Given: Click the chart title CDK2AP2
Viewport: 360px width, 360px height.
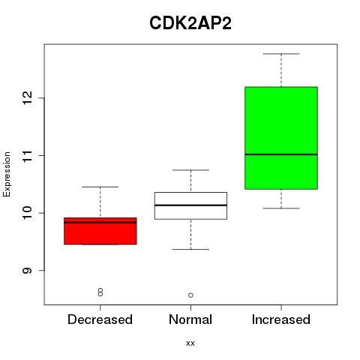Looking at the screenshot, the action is tap(190, 23).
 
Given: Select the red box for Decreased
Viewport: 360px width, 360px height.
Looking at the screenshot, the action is tap(100, 231).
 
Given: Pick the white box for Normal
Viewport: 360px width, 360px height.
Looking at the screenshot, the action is tap(190, 205).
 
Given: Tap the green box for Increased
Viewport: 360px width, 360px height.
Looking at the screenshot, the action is tap(281, 138).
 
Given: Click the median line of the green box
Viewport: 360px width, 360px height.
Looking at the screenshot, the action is tap(281, 154).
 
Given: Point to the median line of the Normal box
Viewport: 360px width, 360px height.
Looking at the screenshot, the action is tap(190, 205).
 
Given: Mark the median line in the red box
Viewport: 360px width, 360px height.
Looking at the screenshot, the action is tap(100, 222).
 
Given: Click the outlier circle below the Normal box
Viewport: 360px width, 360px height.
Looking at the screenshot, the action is tap(190, 295).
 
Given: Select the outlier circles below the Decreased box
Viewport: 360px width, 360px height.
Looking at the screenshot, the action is tap(100, 292).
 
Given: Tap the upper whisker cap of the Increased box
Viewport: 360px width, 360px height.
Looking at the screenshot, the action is tap(281, 54).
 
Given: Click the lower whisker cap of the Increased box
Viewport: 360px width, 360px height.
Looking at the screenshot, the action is tap(281, 208).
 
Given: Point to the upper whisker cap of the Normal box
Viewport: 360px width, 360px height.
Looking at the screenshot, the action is tap(190, 170).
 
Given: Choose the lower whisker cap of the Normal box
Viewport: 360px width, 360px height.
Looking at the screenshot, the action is tap(190, 249).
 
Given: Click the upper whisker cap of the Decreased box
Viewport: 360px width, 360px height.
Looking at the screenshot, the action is tap(100, 187).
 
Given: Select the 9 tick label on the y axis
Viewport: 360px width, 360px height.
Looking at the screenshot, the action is tap(28, 271).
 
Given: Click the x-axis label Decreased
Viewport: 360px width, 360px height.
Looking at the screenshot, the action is tap(100, 319).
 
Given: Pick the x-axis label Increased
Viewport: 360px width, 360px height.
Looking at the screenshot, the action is tap(281, 319).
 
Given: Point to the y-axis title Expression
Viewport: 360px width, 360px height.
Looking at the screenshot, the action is tap(7, 174).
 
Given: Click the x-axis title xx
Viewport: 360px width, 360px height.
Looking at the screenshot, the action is tap(190, 343).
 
